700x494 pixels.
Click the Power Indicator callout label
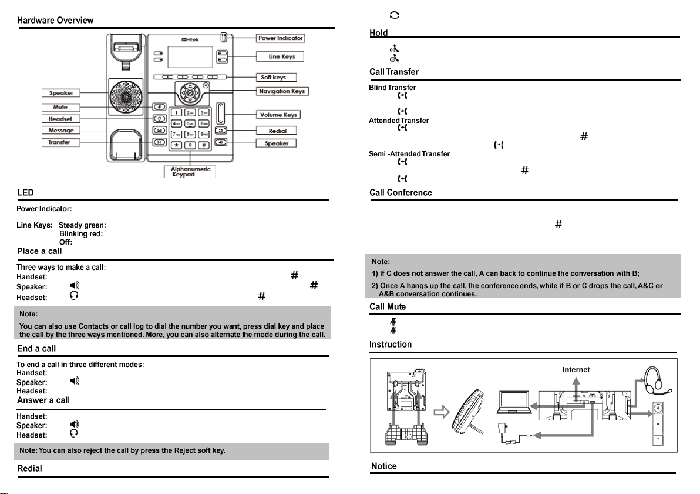point(281,38)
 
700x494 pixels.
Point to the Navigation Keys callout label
point(282,91)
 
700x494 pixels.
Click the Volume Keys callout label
point(279,114)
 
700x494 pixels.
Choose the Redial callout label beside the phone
point(277,131)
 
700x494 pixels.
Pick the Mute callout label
point(60,107)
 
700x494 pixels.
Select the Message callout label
point(61,130)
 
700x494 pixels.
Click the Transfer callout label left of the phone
point(60,142)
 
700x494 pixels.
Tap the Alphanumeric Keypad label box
point(190,172)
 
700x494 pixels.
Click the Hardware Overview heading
point(55,21)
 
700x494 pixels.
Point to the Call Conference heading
point(401,193)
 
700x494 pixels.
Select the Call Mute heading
point(388,307)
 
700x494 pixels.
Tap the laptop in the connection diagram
point(514,406)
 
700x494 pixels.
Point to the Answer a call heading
point(43,400)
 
